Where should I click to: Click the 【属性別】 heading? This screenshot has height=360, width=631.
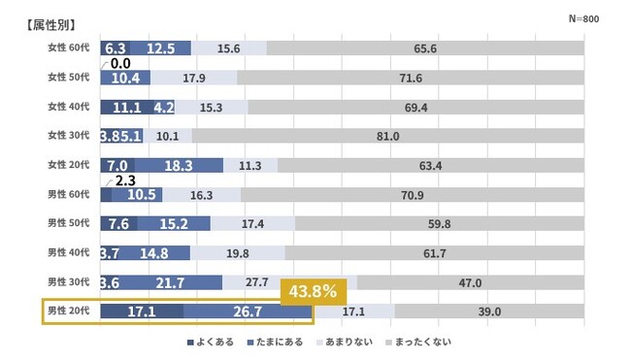pyautogui.click(x=50, y=25)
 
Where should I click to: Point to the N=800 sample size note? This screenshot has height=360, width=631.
pyautogui.click(x=583, y=18)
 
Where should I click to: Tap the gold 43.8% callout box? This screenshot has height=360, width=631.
pyautogui.click(x=314, y=291)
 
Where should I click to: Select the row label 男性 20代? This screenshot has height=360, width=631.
pyautogui.click(x=68, y=311)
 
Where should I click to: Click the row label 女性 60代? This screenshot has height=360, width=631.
pyautogui.click(x=68, y=48)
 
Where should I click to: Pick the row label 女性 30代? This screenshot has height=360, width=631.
pyautogui.click(x=68, y=135)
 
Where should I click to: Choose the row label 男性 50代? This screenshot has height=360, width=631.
pyautogui.click(x=68, y=223)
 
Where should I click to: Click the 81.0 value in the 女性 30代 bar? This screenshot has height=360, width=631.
pyautogui.click(x=388, y=136)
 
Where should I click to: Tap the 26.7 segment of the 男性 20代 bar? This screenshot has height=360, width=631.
pyautogui.click(x=248, y=311)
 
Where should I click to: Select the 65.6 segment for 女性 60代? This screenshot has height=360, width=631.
pyautogui.click(x=425, y=49)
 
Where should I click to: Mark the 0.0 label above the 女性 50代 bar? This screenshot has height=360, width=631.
pyautogui.click(x=120, y=63)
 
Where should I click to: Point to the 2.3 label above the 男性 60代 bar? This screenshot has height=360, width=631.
pyautogui.click(x=125, y=180)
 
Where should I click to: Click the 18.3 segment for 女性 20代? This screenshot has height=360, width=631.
pyautogui.click(x=179, y=165)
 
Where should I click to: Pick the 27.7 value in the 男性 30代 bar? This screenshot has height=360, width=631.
pyautogui.click(x=256, y=282)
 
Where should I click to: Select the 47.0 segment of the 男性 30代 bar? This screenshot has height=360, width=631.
pyautogui.click(x=471, y=282)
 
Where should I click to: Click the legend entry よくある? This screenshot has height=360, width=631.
pyautogui.click(x=211, y=343)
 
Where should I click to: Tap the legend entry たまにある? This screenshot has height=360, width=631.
pyautogui.click(x=275, y=343)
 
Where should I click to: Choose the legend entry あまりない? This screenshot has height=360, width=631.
pyautogui.click(x=345, y=343)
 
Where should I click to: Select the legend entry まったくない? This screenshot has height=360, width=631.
pyautogui.click(x=418, y=343)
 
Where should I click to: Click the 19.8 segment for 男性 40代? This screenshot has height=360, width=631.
pyautogui.click(x=238, y=253)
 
